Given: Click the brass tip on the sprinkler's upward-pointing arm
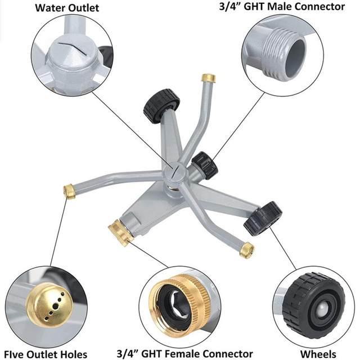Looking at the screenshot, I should point(208,77).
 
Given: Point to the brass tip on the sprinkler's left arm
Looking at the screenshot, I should point(70,191).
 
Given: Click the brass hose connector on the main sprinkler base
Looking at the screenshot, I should point(120,231).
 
